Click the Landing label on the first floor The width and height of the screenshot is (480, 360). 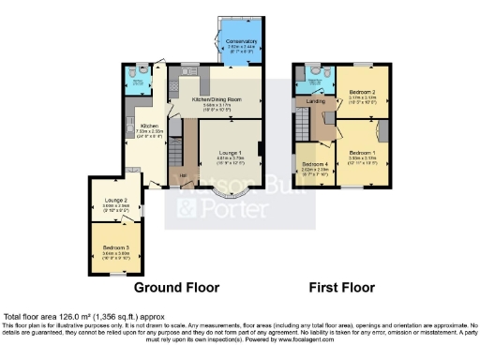(x=318, y=101)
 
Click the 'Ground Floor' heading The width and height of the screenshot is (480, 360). (x=177, y=287)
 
